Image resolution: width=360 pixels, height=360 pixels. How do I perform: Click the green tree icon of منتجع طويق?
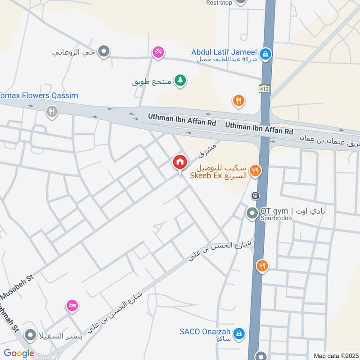click(x=180, y=81)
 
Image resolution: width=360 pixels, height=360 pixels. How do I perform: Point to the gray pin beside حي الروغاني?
click(x=104, y=52)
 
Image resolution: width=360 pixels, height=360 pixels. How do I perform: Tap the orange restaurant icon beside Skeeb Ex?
click(x=255, y=171)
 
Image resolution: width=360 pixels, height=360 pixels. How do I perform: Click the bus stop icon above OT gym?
click(x=255, y=196)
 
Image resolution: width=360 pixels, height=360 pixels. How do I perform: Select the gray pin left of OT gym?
click(x=252, y=213)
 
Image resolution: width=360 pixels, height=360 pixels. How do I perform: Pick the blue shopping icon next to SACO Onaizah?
click(x=240, y=333)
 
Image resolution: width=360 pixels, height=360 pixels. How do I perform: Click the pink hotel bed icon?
click(x=72, y=306)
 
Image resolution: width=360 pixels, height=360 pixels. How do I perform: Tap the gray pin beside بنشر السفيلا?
click(x=31, y=335)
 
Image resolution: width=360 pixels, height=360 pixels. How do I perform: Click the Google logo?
click(x=19, y=353)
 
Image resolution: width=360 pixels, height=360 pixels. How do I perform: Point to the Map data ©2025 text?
click(x=336, y=355)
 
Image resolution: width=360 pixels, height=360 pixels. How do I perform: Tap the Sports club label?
click(x=276, y=218)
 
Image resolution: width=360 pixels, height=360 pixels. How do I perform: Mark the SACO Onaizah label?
click(x=205, y=332)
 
